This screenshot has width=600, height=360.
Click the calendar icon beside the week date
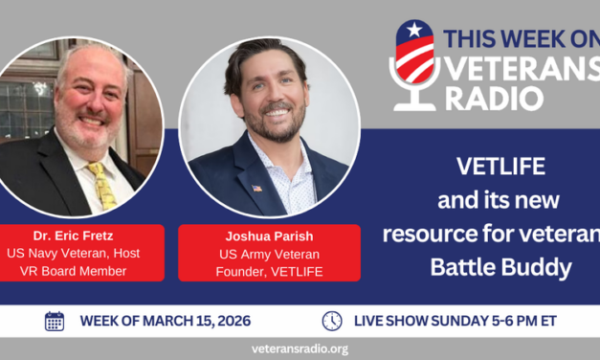(x=55, y=321)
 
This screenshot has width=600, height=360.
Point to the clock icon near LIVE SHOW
(x=332, y=321)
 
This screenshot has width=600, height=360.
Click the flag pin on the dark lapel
(x=256, y=188)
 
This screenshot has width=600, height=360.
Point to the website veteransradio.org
(x=299, y=349)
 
